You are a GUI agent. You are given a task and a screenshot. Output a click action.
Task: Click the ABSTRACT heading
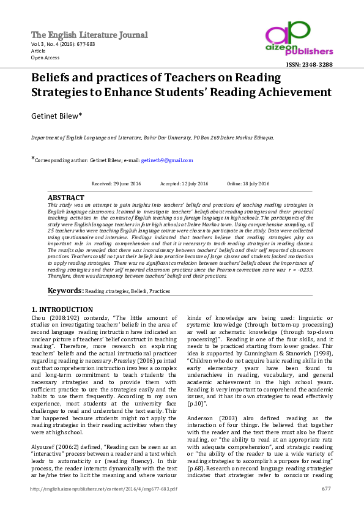[66, 198]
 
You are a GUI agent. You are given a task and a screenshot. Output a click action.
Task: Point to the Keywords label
[65, 291]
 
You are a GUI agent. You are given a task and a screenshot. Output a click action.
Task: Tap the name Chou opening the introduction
[39, 319]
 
